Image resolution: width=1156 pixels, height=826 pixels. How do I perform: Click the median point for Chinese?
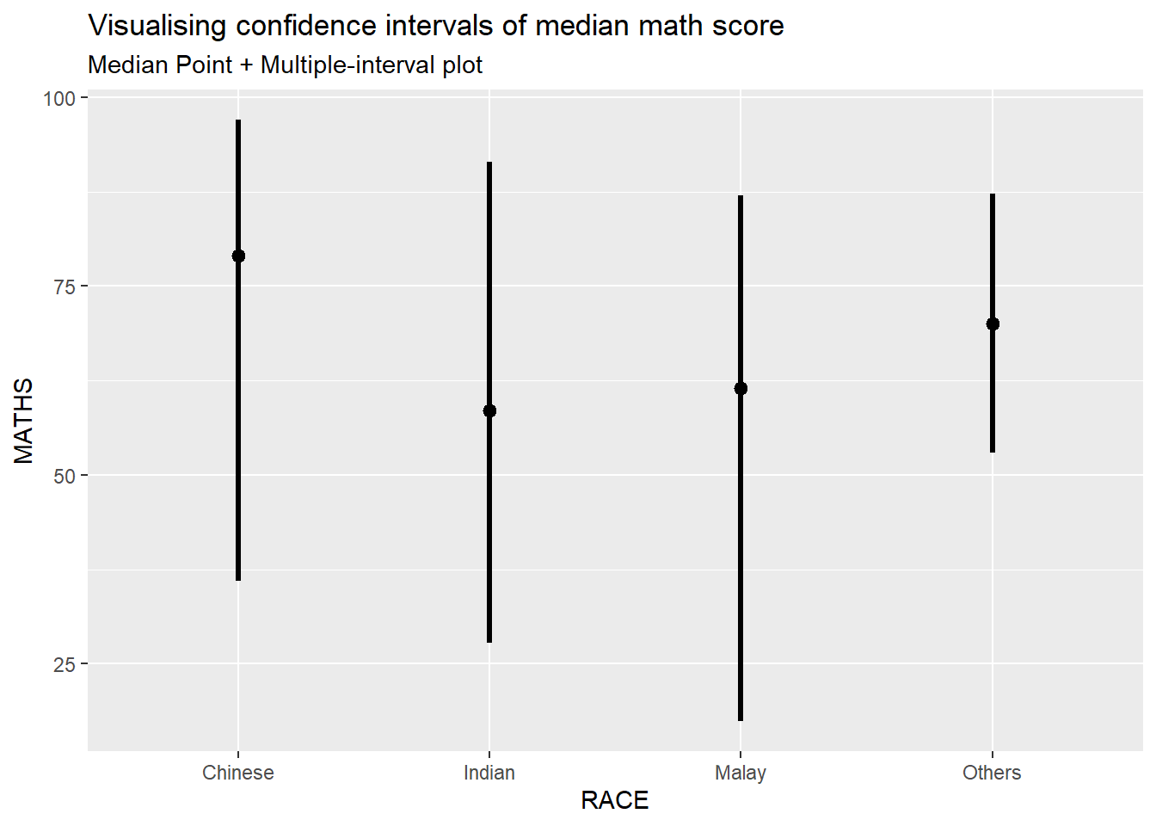coord(238,256)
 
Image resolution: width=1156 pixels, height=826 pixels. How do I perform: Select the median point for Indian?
coord(489,410)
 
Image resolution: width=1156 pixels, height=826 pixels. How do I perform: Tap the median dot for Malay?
coord(741,388)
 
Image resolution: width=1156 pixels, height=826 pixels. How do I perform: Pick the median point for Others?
coord(993,324)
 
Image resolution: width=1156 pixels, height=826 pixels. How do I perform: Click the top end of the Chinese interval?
coord(238,121)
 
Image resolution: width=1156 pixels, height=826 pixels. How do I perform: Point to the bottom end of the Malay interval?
coord(741,719)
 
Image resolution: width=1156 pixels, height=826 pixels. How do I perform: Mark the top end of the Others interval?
coord(993,195)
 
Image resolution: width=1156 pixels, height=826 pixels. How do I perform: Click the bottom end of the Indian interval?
coord(489,641)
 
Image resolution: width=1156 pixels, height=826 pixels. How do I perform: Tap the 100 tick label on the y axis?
coord(59,98)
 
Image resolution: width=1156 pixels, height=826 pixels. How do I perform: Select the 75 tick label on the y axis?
coord(65,287)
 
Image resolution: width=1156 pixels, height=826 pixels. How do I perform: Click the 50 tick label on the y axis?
coord(65,476)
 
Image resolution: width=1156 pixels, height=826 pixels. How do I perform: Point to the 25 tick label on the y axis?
coord(65,664)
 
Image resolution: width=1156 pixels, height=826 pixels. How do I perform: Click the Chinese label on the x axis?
coord(238,773)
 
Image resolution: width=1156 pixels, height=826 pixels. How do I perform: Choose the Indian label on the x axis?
coord(489,773)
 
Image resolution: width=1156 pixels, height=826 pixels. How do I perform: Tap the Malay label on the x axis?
coord(741,773)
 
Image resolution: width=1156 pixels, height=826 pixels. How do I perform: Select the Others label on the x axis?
coord(992,773)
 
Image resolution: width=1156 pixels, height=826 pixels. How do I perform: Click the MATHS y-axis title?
coord(24,421)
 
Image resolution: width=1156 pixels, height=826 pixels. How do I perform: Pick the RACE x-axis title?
coord(615,800)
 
